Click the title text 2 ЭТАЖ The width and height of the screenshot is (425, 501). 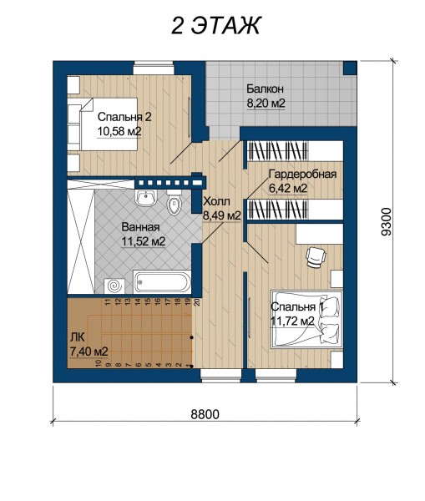click(216, 25)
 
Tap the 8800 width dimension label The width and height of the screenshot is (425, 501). click(205, 414)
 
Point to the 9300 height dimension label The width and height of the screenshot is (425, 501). click(387, 221)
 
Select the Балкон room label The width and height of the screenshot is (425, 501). click(265, 89)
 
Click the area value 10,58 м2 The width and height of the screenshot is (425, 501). click(119, 131)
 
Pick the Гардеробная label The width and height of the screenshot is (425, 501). click(302, 175)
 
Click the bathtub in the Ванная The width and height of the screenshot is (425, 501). click(162, 282)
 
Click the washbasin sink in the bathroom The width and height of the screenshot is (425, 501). click(146, 198)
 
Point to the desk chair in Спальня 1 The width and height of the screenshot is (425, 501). click(316, 256)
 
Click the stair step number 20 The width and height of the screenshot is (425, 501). click(197, 301)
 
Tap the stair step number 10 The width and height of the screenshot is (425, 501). click(99, 363)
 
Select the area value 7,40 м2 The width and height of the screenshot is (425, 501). click(89, 352)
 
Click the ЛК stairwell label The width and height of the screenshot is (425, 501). click(77, 337)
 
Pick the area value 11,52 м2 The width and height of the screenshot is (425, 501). click(143, 241)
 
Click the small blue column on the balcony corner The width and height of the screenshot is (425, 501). click(350, 68)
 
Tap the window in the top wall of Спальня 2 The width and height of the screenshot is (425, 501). click(154, 68)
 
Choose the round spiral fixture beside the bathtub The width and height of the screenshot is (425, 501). click(113, 286)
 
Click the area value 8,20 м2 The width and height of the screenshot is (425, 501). click(266, 104)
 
